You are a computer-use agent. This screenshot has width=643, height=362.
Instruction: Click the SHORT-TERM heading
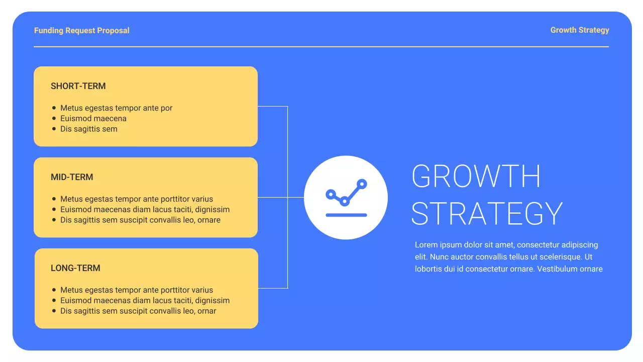(78, 86)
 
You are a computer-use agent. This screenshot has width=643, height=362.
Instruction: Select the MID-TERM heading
(72, 177)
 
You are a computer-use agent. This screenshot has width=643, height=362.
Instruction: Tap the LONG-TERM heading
(75, 268)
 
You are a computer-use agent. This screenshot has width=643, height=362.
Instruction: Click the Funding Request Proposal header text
(82, 31)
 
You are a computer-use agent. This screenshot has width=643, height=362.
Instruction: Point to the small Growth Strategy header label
(580, 30)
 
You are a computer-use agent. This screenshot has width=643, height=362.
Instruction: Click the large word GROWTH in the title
(476, 176)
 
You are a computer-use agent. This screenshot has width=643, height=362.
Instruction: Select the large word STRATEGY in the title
(487, 213)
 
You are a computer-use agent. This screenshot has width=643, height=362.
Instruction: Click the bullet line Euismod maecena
(93, 119)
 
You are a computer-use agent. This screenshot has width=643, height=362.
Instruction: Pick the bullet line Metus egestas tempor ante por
(116, 108)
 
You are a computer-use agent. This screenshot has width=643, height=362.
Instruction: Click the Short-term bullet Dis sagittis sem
(88, 129)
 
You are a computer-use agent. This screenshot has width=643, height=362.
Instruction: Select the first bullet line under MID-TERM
(137, 199)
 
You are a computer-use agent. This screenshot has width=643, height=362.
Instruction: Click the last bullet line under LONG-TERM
(138, 311)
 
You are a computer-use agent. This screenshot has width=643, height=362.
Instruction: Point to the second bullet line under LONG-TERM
(145, 301)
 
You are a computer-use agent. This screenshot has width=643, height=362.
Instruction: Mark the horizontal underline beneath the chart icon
(346, 215)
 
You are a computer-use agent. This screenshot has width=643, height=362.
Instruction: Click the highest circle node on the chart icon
(361, 184)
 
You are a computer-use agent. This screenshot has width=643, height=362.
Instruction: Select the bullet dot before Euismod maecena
(54, 119)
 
